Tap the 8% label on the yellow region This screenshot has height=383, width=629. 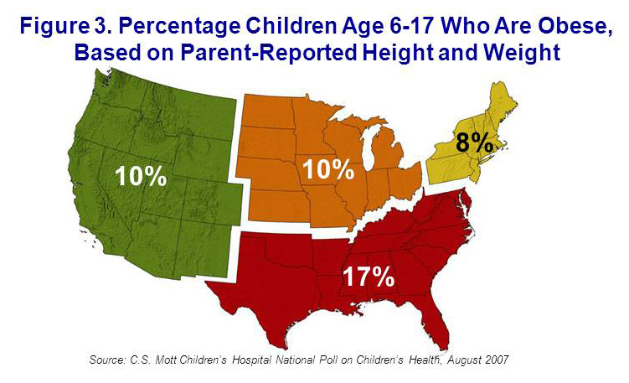[474, 142]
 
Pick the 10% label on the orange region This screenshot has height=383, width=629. [327, 168]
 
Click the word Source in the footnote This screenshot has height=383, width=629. [109, 360]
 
